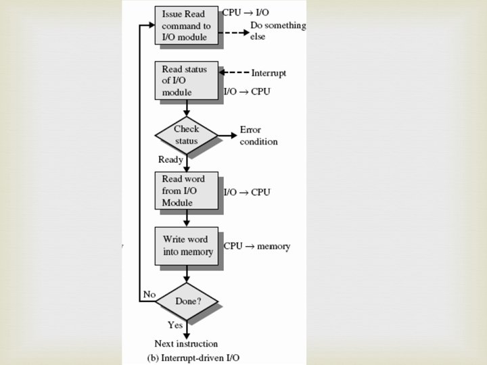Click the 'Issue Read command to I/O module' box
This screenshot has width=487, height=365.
pos(187,25)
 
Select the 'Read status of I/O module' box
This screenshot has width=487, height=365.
pos(187,80)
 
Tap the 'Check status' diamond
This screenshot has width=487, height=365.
pos(187,135)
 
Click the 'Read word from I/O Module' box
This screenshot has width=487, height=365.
pos(187,191)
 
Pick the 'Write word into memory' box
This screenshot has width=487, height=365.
pos(187,246)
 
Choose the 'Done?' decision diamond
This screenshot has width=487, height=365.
pos(187,301)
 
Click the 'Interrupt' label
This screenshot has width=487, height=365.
pos(269,73)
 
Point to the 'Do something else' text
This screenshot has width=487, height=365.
pos(278,30)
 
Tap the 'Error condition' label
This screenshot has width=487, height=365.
pos(258,136)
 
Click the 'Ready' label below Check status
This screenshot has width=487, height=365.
pos(170,160)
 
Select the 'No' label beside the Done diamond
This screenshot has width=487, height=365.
pos(149,294)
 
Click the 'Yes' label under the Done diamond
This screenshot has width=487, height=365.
pos(175,325)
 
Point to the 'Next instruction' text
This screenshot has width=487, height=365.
pos(186,343)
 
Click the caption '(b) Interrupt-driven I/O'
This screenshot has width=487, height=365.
pos(193,358)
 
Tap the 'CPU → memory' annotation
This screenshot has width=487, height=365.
pos(257,246)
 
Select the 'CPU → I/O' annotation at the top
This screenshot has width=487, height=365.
pos(246,12)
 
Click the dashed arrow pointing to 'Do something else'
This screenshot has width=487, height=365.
pos(234,32)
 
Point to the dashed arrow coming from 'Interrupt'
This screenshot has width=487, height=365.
pos(234,72)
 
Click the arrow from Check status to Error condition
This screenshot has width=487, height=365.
pos(227,135)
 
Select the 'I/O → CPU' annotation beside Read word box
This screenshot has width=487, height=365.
pos(247,192)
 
